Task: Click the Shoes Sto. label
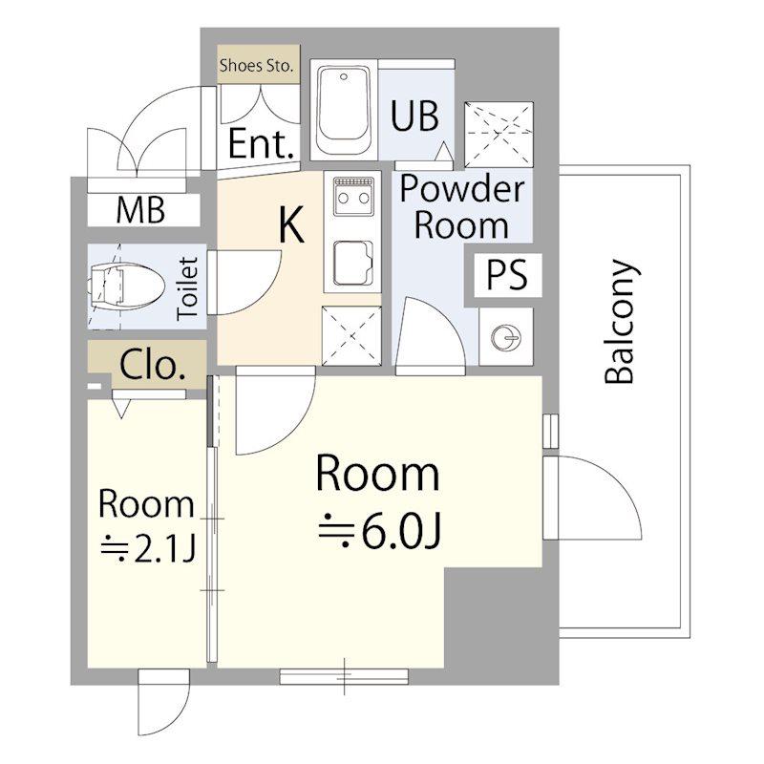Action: [256, 65]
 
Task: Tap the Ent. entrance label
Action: [262, 144]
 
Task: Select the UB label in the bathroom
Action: [414, 117]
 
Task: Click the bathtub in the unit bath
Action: [343, 111]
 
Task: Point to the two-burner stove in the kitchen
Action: [353, 197]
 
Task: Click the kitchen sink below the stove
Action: [353, 264]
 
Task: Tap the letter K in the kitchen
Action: [291, 224]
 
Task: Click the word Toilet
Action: [187, 287]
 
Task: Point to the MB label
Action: [140, 210]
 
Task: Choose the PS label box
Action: [508, 275]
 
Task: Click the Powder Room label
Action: [462, 207]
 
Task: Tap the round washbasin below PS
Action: [506, 337]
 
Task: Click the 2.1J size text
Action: [148, 549]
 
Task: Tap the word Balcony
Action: [620, 321]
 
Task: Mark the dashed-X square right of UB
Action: [499, 135]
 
